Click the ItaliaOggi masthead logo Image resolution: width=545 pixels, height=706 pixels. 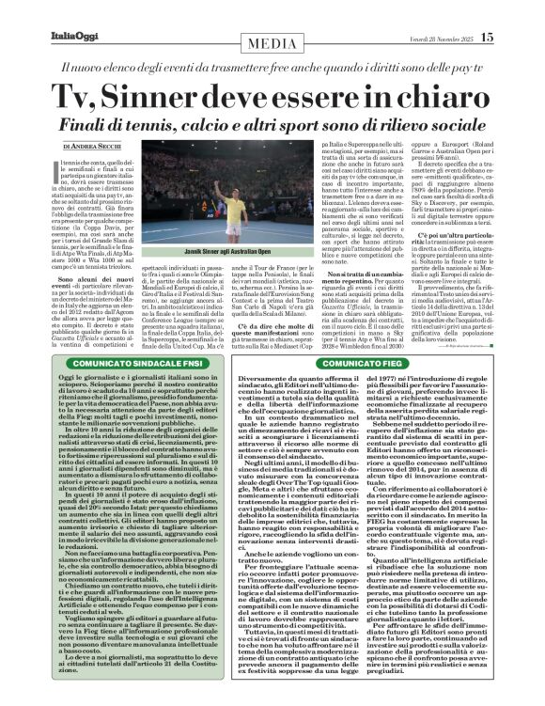click(x=41, y=10)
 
